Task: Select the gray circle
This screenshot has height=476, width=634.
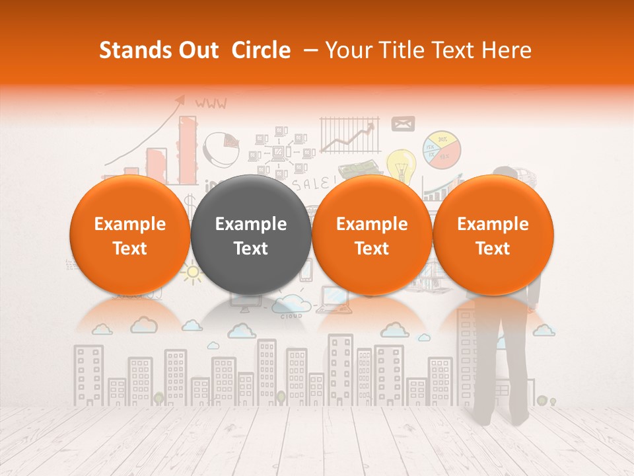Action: point(251,235)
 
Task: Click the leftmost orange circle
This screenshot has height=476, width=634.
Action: point(129,235)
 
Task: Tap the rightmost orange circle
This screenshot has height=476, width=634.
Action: point(493,235)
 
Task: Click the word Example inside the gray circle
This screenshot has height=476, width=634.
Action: point(251,224)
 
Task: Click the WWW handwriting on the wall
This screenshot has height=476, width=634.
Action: point(211,103)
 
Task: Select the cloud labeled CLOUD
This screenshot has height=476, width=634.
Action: point(291,305)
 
